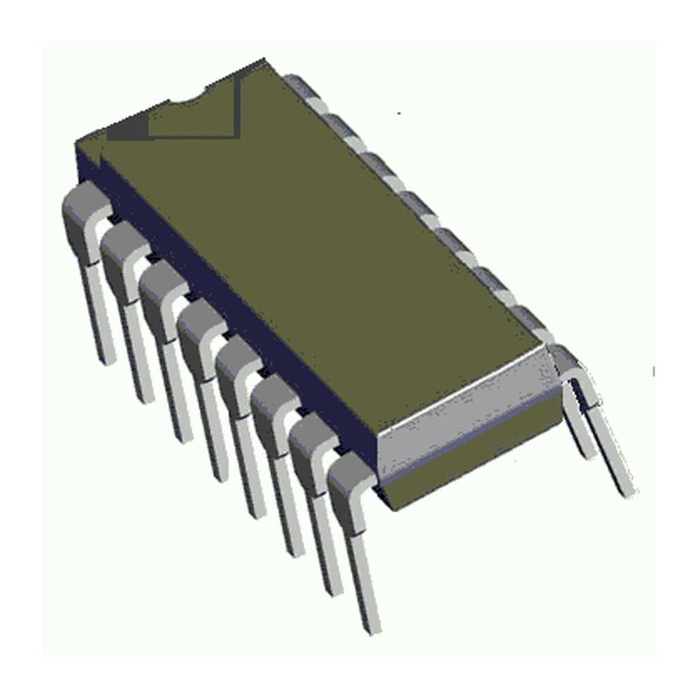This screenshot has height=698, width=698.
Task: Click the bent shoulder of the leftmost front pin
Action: click(x=83, y=211)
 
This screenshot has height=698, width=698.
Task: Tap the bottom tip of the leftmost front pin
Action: click(x=106, y=358)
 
